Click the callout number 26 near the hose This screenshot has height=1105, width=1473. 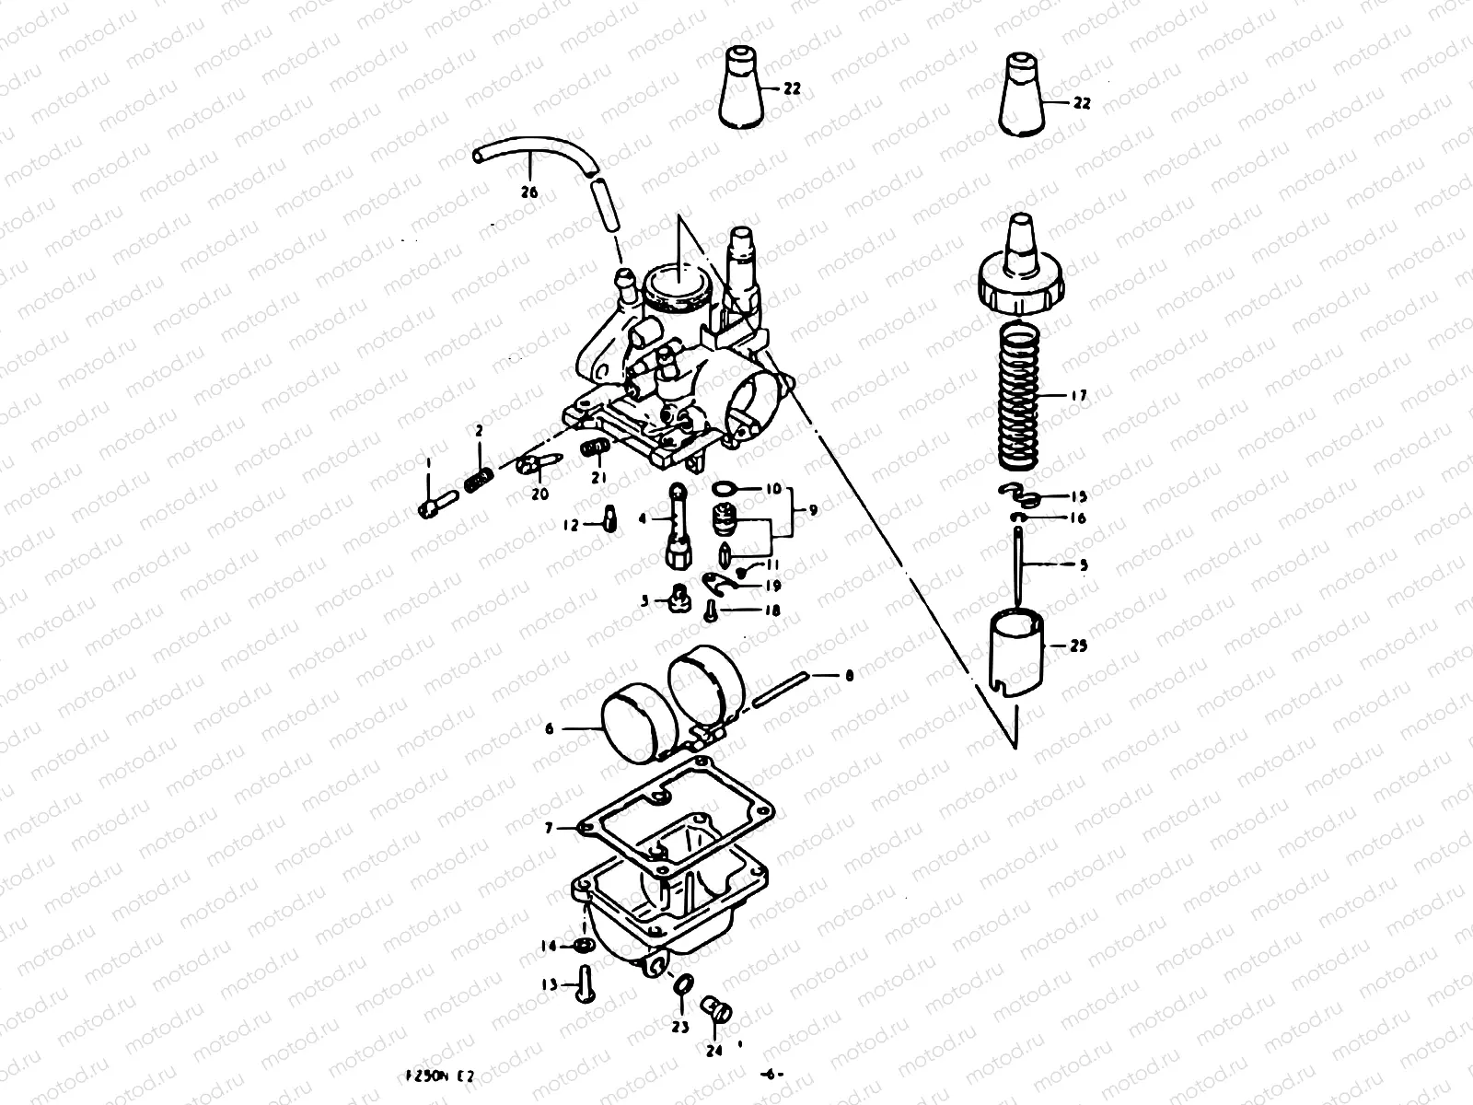point(528,193)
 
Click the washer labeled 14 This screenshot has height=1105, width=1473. point(582,946)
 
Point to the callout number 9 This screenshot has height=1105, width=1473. point(812,508)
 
